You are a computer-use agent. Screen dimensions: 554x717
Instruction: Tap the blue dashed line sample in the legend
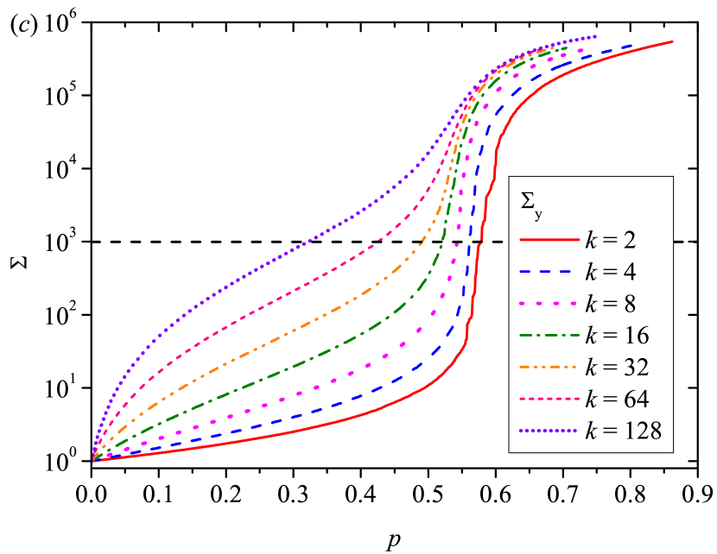coord(548,272)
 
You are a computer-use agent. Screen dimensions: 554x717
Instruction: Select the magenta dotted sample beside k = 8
coord(548,304)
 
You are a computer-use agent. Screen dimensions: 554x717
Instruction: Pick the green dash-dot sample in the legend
coord(548,336)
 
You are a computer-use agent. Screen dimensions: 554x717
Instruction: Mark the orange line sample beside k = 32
coord(548,368)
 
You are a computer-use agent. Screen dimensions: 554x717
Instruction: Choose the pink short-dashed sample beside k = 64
coord(548,400)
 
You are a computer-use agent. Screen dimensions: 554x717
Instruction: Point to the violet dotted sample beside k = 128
coord(548,431)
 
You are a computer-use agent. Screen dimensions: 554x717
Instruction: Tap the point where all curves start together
coord(93,461)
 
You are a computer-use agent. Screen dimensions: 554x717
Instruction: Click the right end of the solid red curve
coord(673,41)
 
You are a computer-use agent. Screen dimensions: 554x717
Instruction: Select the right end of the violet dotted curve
coord(596,36)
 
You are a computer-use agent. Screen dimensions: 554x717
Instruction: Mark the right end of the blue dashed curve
coord(632,46)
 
